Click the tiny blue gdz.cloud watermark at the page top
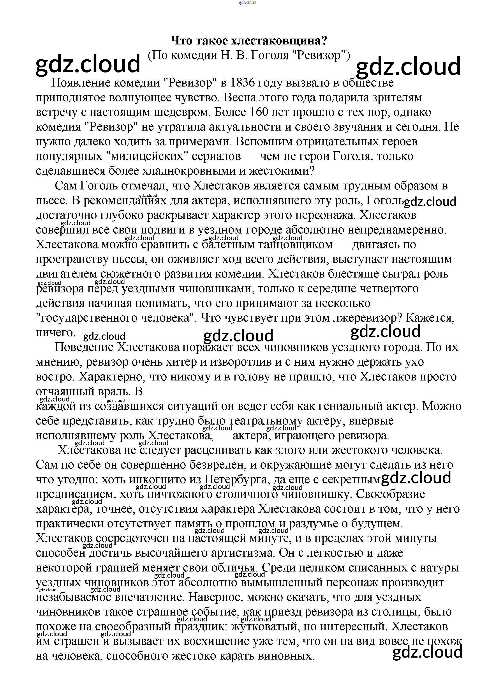pyautogui.click(x=247, y=2)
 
